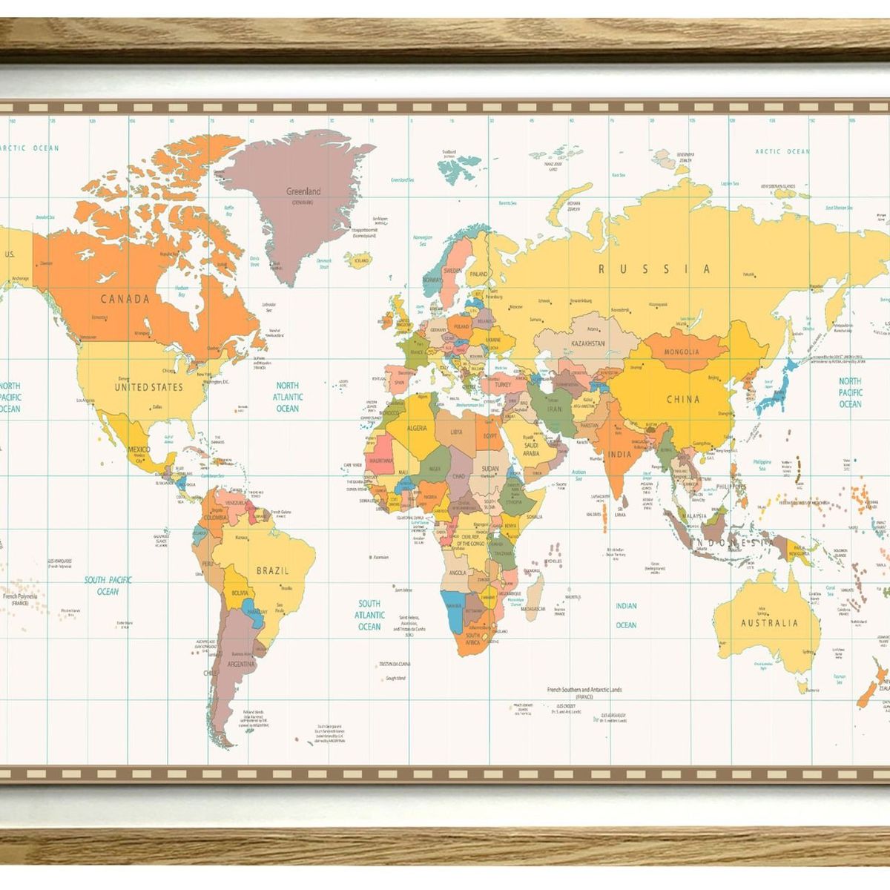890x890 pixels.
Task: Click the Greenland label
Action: (x=303, y=191)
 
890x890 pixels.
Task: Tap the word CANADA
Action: (x=125, y=300)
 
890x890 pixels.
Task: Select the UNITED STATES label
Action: (x=148, y=387)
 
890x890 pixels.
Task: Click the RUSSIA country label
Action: (x=654, y=269)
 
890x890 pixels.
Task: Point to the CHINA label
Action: (x=682, y=399)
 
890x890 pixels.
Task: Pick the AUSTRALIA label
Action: (x=769, y=623)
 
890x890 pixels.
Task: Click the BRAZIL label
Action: (x=272, y=570)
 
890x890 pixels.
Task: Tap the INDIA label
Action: (x=619, y=454)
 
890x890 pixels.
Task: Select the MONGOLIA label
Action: (x=681, y=352)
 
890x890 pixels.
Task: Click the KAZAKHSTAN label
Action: (x=588, y=344)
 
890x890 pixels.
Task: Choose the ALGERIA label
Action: (x=417, y=428)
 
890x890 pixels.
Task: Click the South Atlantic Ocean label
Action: (x=369, y=615)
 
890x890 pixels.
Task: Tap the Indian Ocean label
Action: (x=626, y=615)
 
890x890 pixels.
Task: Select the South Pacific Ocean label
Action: (x=107, y=585)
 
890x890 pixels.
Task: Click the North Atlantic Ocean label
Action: (x=287, y=397)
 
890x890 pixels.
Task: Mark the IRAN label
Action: (x=554, y=409)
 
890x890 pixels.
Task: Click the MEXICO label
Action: (x=139, y=449)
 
